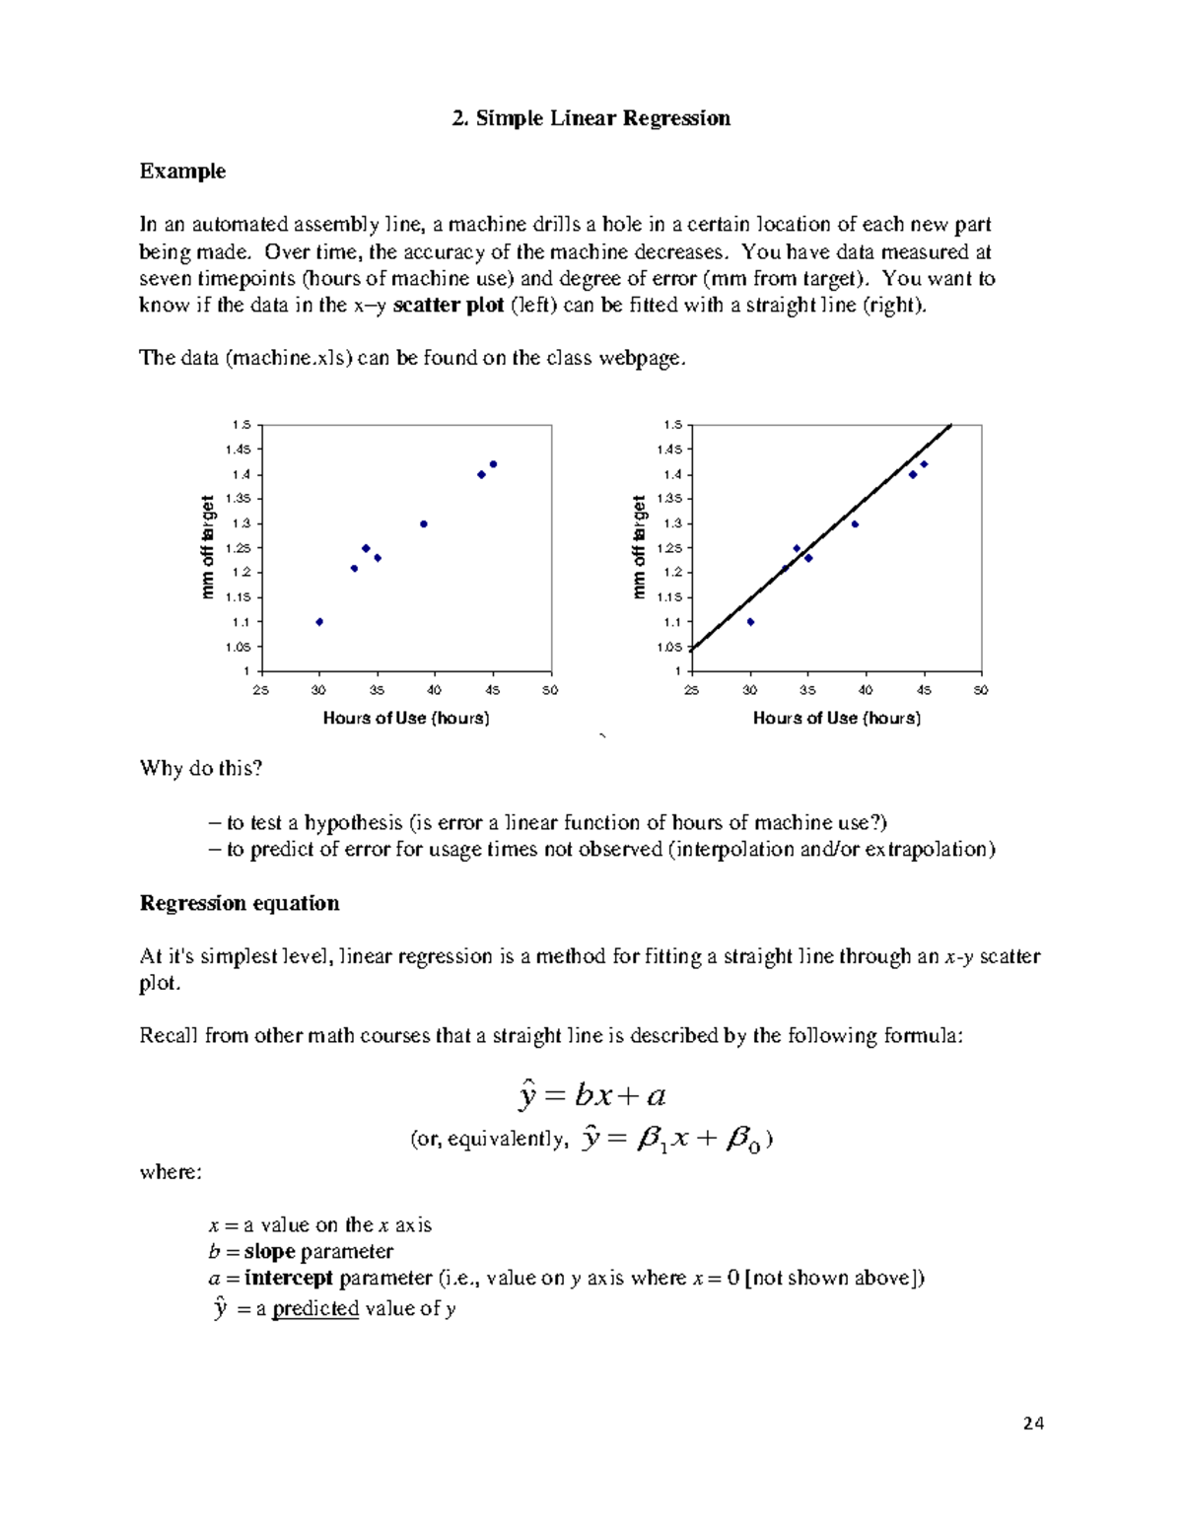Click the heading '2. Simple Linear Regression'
(x=591, y=118)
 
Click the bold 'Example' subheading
(x=182, y=172)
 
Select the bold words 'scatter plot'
(x=448, y=305)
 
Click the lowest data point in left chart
(x=319, y=622)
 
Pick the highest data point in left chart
(x=493, y=464)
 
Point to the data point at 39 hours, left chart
(x=424, y=524)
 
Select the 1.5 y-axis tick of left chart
(x=241, y=425)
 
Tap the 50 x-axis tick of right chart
(x=981, y=690)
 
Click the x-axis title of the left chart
(x=406, y=718)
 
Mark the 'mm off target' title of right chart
(x=639, y=547)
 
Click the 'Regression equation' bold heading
(x=240, y=903)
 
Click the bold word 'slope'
(x=269, y=1251)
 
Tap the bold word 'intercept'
(x=289, y=1278)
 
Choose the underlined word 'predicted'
(x=315, y=1309)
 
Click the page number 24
(x=1033, y=1423)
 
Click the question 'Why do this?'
(x=201, y=768)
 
